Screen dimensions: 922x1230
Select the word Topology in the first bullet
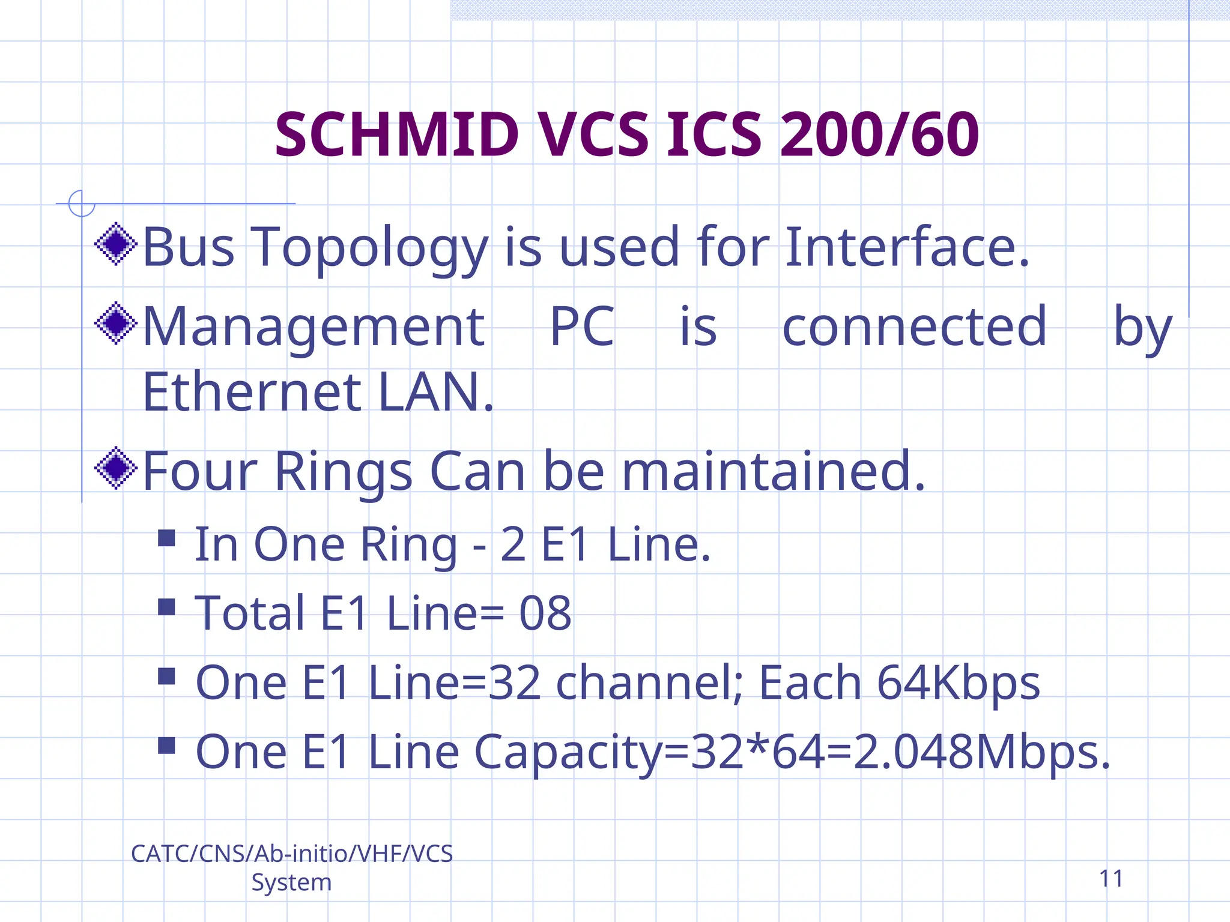[369, 248]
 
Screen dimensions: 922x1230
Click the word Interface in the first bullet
[906, 247]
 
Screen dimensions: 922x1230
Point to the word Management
[314, 327]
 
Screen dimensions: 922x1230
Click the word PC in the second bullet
[582, 327]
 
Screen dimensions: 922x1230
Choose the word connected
[915, 327]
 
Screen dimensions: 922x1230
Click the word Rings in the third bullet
[344, 472]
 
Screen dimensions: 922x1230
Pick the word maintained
[774, 472]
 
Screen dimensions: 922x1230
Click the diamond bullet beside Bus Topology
[116, 244]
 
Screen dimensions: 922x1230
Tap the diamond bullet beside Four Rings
[116, 468]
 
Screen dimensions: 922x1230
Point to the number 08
[545, 613]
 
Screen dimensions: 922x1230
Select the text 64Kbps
[958, 683]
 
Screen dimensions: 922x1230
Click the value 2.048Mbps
[981, 752]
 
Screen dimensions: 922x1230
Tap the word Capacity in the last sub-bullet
[568, 753]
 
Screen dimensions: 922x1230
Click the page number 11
[1111, 879]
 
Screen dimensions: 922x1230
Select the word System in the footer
[291, 882]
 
